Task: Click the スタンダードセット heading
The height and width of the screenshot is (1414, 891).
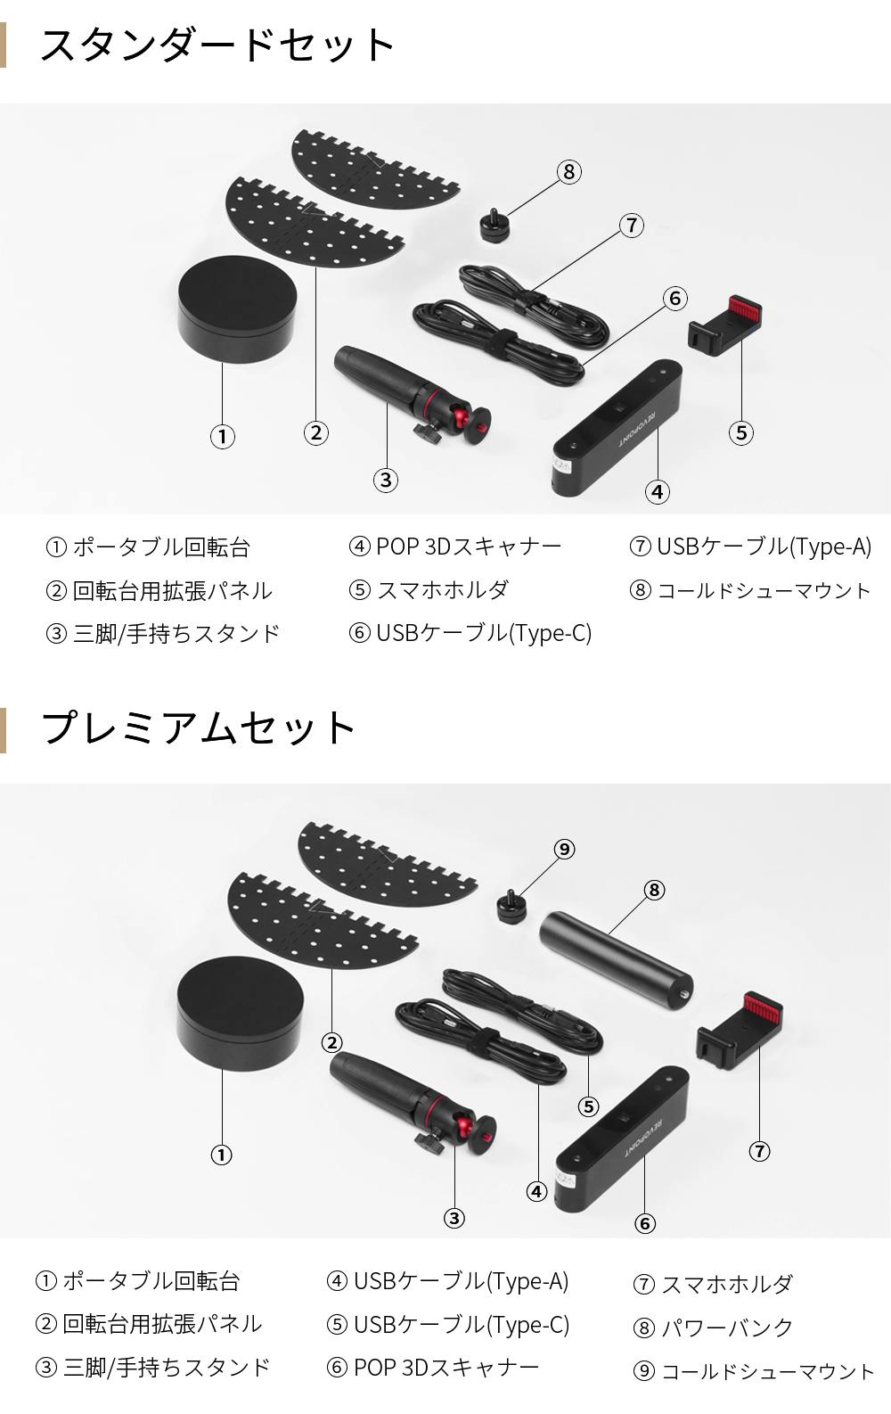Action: (217, 45)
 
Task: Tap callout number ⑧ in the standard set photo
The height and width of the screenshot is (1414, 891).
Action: (569, 172)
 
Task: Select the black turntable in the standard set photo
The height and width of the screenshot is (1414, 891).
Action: (237, 308)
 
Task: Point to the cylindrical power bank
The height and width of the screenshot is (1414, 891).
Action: (617, 955)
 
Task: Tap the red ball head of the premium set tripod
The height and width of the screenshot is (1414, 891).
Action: (468, 1128)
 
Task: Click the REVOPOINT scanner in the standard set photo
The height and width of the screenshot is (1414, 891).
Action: (617, 427)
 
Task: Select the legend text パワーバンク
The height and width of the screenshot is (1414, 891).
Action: (726, 1327)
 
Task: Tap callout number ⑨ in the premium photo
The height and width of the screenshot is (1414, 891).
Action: (564, 849)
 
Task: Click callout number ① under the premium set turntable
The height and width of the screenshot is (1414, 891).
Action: (221, 1155)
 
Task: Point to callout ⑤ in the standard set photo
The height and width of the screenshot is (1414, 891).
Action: (741, 433)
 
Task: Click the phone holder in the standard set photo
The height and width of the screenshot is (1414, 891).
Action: (724, 325)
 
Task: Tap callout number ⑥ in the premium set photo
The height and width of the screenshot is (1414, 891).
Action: (645, 1223)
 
